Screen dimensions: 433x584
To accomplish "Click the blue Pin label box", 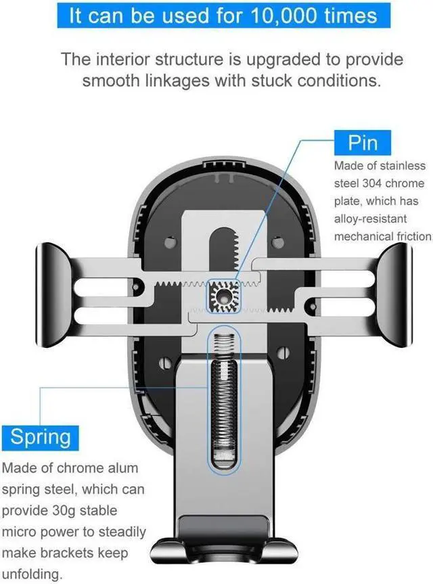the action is pyautogui.click(x=363, y=143).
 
